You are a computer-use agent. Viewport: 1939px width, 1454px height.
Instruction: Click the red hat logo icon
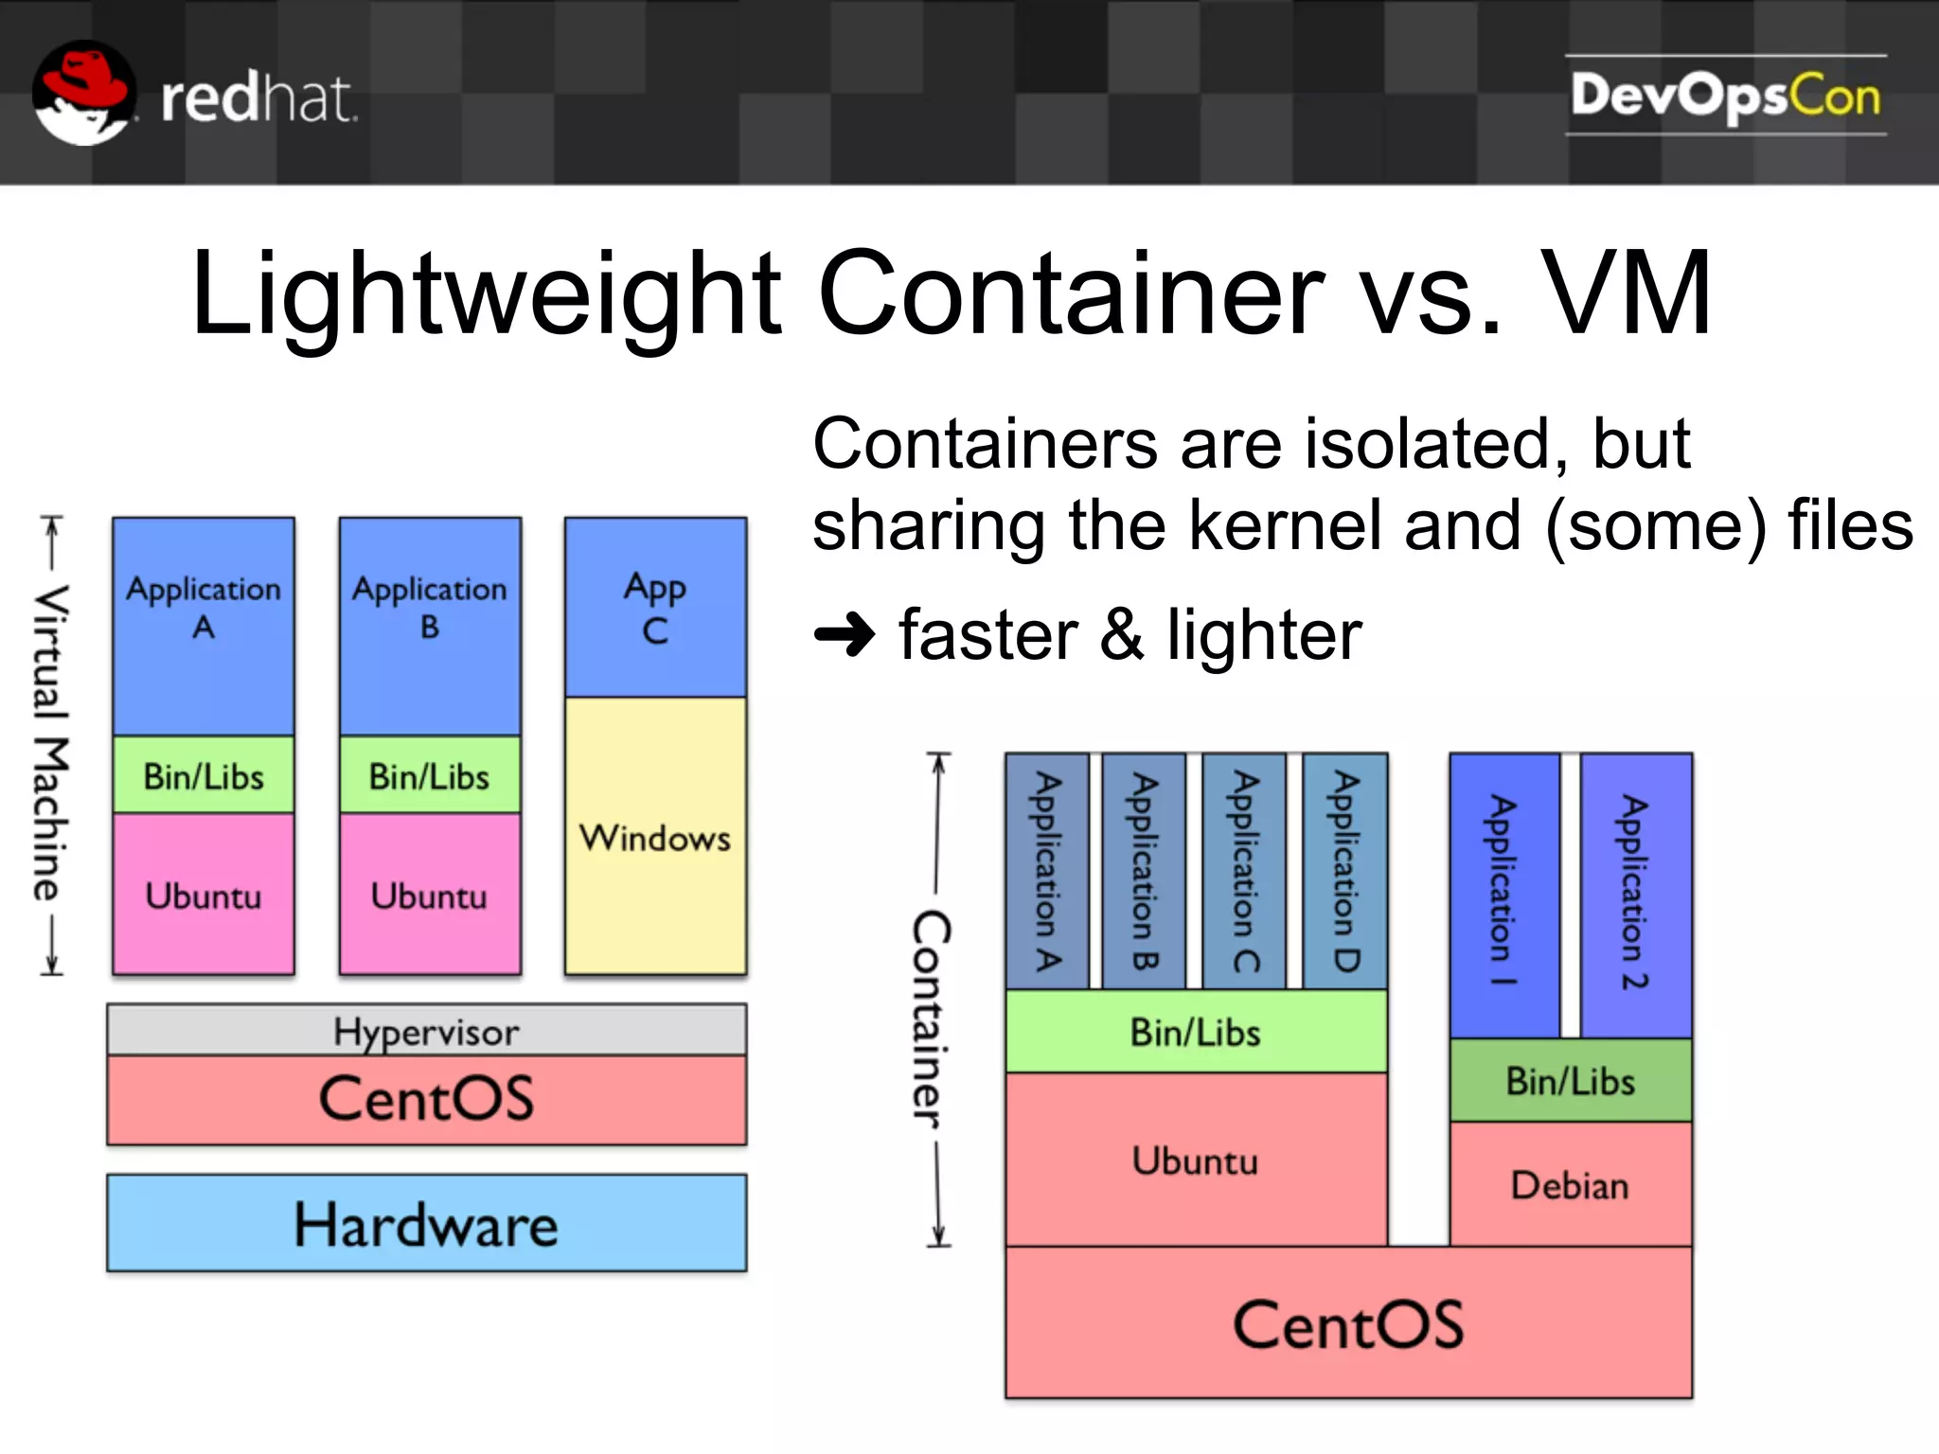[83, 93]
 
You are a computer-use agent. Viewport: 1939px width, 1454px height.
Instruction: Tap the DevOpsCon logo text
[1725, 96]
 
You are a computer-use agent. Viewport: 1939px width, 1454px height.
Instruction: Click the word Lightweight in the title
[485, 295]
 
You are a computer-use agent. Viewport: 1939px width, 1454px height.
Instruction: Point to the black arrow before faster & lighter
[845, 634]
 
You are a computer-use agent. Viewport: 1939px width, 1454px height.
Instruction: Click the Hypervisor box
[426, 1030]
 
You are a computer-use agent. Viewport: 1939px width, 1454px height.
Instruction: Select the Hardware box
[426, 1223]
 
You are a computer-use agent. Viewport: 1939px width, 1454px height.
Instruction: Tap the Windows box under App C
[655, 837]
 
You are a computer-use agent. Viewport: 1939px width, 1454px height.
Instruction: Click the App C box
[655, 608]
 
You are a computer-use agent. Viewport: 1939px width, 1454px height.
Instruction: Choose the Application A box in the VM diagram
[204, 625]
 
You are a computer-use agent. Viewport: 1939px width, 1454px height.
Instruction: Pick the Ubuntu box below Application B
[430, 895]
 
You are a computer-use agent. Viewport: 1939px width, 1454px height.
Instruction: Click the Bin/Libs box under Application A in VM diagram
[204, 775]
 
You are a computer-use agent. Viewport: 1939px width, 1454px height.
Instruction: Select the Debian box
[1570, 1185]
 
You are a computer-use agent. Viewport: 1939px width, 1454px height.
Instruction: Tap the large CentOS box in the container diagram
[1348, 1323]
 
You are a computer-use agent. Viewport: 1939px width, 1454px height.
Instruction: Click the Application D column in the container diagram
[1345, 871]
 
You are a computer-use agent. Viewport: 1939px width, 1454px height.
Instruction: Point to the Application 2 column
[1635, 894]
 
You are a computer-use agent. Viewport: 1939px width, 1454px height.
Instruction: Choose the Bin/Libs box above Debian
[1570, 1081]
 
